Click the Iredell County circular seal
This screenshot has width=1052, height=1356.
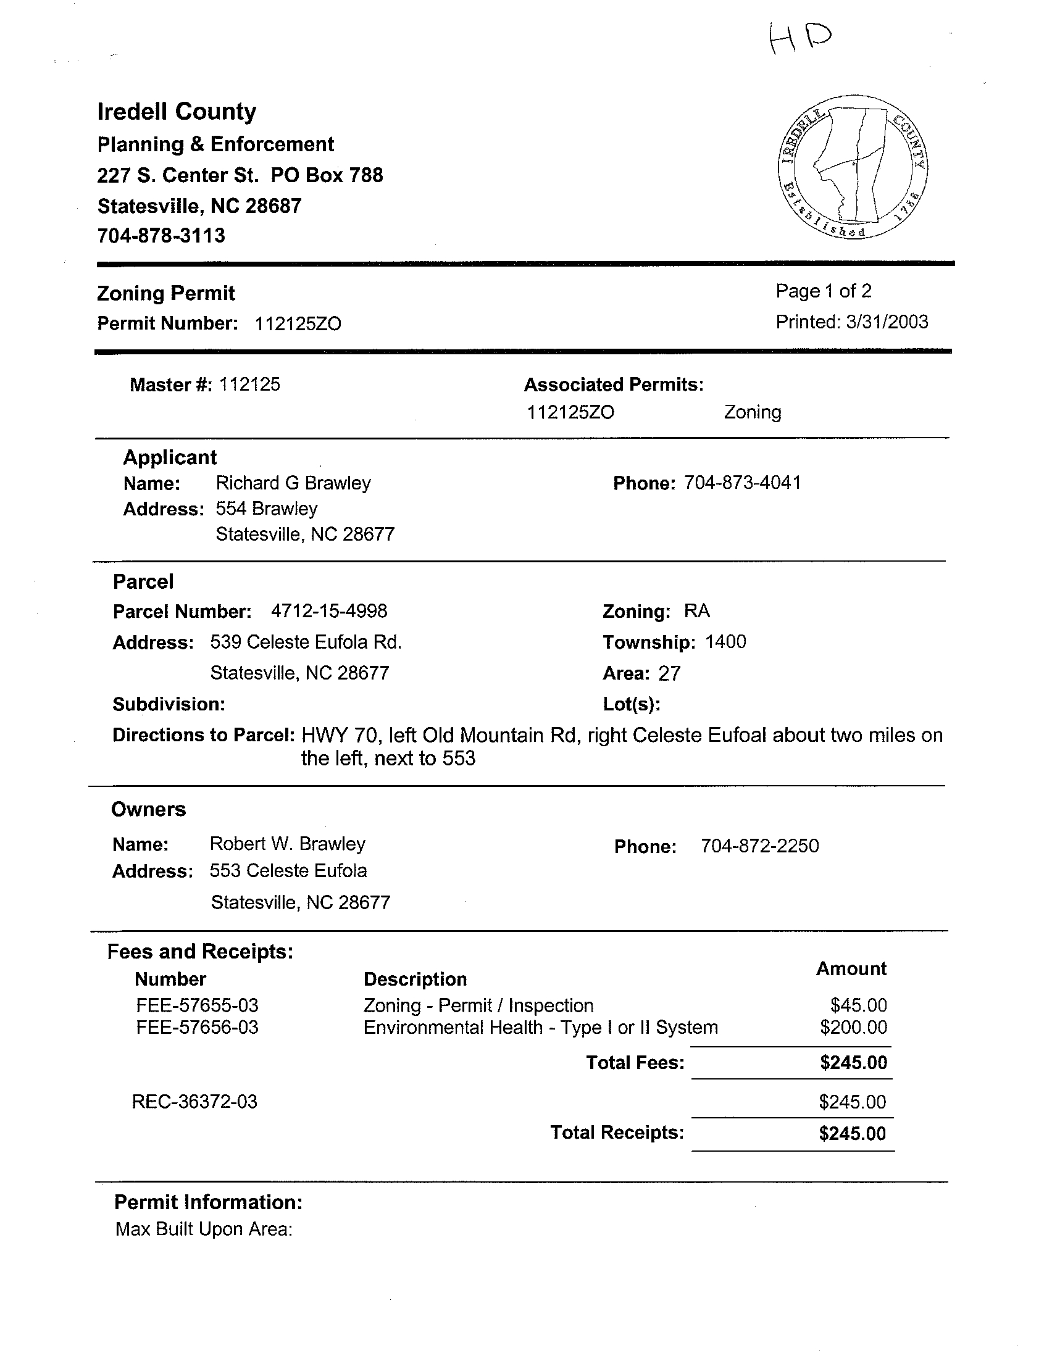coord(852,167)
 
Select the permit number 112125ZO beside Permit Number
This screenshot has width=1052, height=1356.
coord(298,324)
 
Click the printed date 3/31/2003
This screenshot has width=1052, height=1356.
coord(887,322)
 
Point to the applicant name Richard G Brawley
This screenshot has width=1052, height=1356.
coord(293,483)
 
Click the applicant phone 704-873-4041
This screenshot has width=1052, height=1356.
coord(742,483)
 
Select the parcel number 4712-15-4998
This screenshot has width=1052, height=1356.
coord(329,611)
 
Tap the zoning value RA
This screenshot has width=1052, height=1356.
coord(697,611)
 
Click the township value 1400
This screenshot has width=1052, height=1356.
coord(725,641)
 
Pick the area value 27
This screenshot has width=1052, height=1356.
coord(669,673)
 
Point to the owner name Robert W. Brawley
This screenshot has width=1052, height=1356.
coord(288,844)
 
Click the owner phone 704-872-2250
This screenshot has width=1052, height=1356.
coord(759,846)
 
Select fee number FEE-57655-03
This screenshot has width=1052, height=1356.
coord(197,1005)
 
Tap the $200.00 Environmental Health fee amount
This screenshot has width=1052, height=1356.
coord(853,1028)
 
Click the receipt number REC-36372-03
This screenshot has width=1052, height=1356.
coord(194,1102)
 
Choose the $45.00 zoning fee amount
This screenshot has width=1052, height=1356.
coord(858,1005)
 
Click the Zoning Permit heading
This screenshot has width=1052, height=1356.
coord(166,293)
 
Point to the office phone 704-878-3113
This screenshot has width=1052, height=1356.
coord(161,236)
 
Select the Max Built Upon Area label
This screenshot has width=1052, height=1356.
coord(204,1229)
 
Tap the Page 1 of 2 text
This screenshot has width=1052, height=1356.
coord(824,291)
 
